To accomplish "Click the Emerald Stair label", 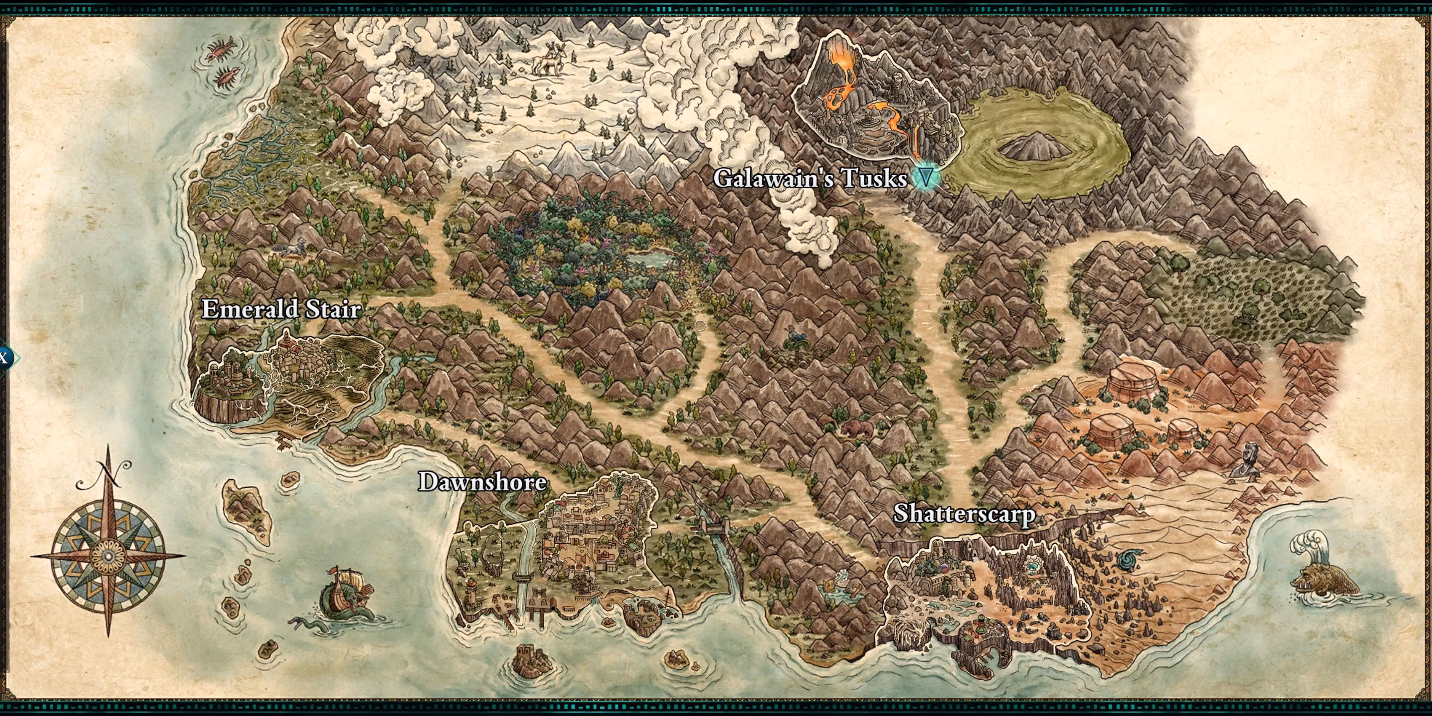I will (281, 309).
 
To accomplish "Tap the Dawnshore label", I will (482, 481).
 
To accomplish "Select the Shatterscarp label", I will (964, 514).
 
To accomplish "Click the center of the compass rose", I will (108, 556).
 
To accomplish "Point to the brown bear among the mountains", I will (857, 429).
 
